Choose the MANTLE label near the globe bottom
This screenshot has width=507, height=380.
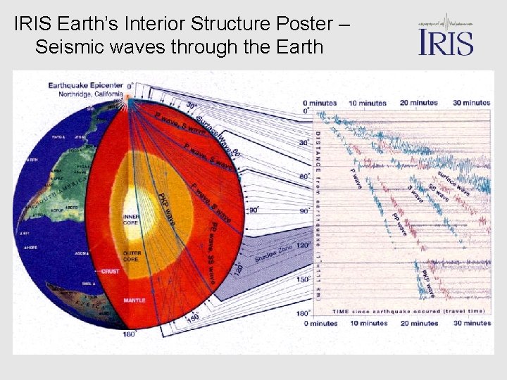coord(134,300)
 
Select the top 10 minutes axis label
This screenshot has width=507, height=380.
coord(368,103)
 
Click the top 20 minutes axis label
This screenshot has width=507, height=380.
coord(418,103)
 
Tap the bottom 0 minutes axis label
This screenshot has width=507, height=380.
coord(320,323)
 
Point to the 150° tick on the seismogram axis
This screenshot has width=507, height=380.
coord(303,279)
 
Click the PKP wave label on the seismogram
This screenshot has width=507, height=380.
coord(427,283)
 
